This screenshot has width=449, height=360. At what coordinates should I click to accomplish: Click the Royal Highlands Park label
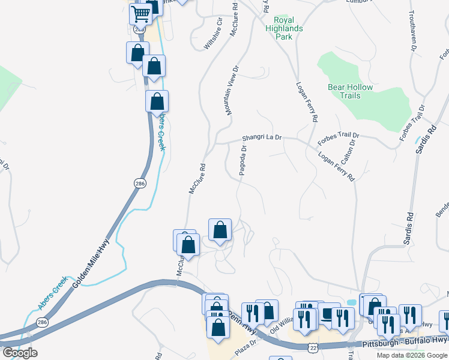(x=284, y=28)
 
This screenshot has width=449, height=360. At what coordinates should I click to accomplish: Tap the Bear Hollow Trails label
(x=350, y=91)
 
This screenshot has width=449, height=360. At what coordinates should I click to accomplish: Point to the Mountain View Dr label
(x=232, y=91)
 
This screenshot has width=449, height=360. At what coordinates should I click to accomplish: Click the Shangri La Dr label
(x=262, y=137)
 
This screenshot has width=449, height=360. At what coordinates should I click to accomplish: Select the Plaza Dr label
(x=246, y=346)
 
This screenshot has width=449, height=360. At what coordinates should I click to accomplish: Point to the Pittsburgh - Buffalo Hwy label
(x=396, y=342)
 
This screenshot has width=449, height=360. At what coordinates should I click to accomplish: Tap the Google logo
(x=19, y=353)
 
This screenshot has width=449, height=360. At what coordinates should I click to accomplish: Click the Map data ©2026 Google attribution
(x=412, y=355)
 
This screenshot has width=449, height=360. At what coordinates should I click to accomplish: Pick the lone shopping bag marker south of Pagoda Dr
(x=220, y=230)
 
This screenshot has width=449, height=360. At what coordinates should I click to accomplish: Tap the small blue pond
(x=351, y=301)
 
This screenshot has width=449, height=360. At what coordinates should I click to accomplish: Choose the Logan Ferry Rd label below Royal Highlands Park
(x=306, y=102)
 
